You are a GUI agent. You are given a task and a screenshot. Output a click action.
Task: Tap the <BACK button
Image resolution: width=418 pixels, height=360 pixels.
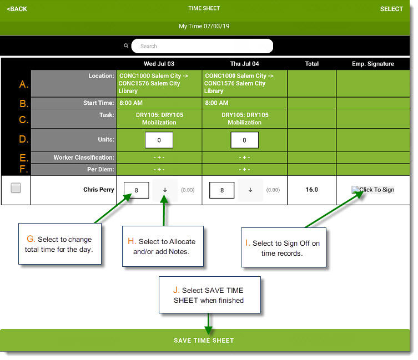(17, 9)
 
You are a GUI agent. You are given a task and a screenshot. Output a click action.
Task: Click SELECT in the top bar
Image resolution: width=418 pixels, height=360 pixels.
(391, 9)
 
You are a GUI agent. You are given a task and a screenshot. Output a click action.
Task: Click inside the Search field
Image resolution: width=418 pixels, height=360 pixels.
(202, 46)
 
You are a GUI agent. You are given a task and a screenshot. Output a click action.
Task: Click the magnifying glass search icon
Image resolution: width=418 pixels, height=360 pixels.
(126, 46)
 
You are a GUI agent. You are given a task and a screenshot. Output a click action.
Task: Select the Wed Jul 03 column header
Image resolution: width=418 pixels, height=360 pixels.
(159, 64)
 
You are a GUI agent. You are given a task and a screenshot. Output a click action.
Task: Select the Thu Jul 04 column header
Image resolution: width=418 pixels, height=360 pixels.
(244, 64)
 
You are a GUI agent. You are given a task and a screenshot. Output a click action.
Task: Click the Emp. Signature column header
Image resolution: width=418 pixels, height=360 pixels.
(373, 64)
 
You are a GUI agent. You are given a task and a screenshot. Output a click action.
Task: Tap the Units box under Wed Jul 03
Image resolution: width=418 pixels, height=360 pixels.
(159, 140)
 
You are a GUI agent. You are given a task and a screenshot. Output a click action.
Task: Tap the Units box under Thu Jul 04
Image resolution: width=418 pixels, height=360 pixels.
(244, 140)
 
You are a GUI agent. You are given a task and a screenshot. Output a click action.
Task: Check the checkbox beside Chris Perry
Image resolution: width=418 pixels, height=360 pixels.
(16, 188)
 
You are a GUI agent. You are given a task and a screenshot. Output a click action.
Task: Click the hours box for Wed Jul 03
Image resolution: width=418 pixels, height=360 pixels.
(136, 190)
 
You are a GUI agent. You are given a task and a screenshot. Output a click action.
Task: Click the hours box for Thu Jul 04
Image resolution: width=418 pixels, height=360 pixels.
(222, 190)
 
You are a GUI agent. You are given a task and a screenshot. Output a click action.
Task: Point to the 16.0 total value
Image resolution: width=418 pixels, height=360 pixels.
(311, 190)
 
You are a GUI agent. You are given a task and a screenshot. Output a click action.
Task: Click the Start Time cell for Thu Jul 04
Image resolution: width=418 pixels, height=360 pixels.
(244, 103)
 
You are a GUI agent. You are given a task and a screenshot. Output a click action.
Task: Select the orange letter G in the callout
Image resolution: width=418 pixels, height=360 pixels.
(31, 239)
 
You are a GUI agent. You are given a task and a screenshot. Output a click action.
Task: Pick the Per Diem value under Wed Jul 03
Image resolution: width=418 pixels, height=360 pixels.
(159, 170)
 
